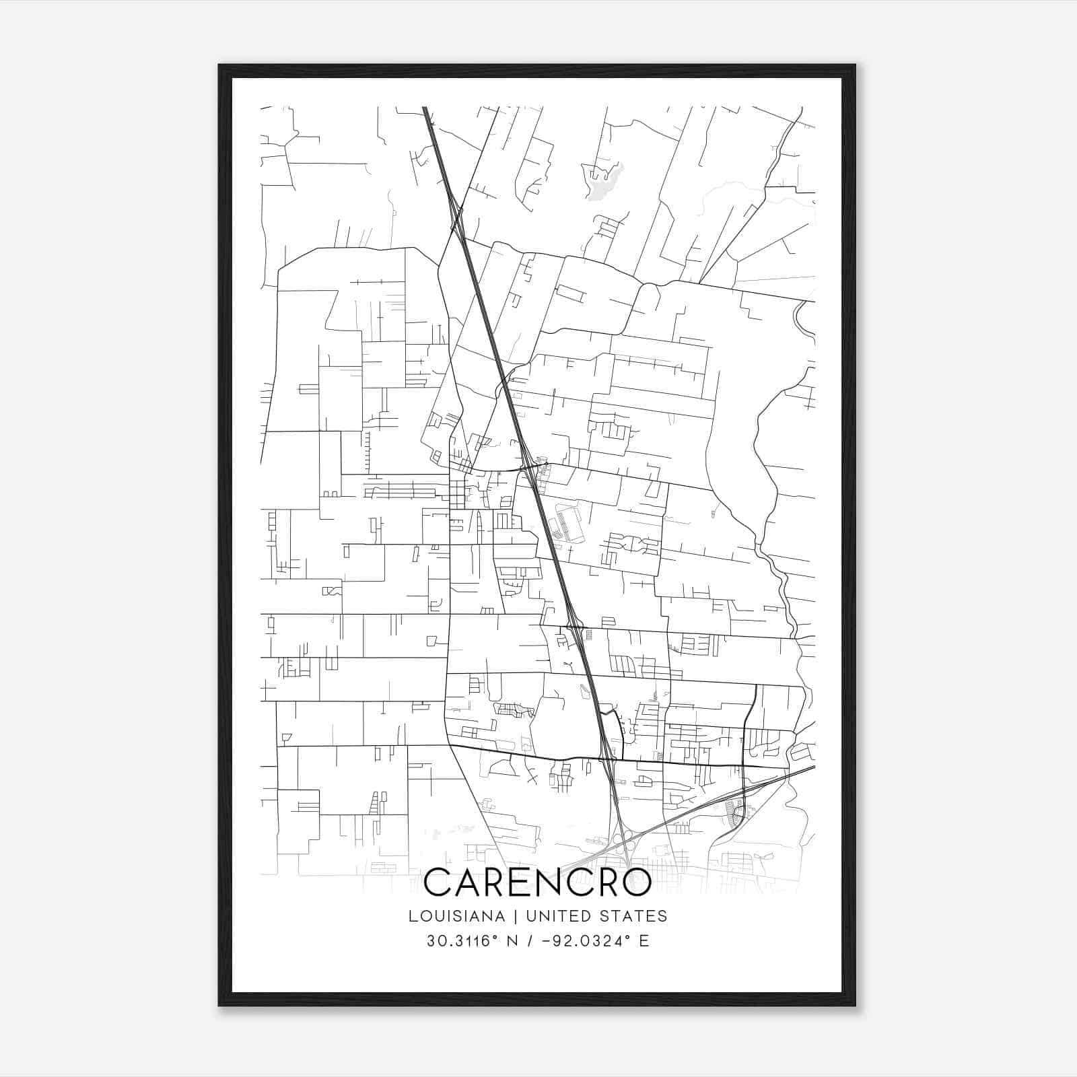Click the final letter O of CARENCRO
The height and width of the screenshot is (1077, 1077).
635,882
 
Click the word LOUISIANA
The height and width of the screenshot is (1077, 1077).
456,916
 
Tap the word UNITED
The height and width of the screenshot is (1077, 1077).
555,916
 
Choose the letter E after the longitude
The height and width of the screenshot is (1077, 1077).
644,941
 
